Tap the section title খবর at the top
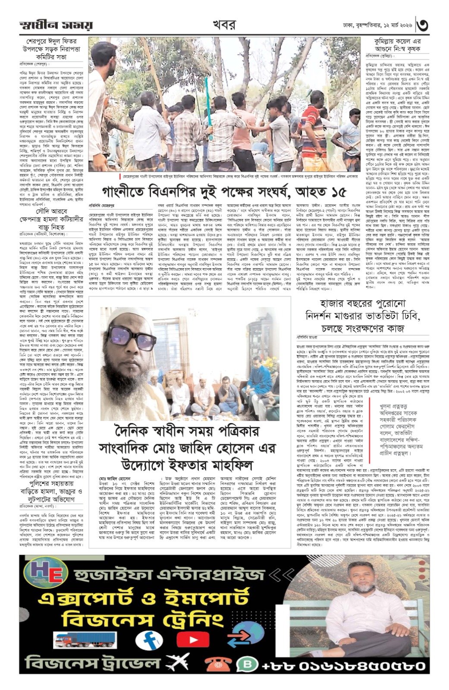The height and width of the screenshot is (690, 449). point(224,25)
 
